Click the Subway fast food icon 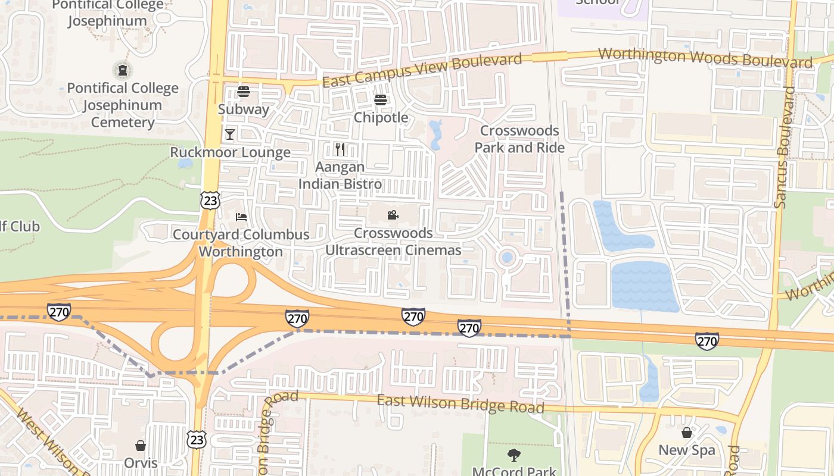coord(243,92)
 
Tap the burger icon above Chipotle coord(381,99)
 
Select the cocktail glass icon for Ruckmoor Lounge coord(230,134)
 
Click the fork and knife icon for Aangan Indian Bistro coord(340,149)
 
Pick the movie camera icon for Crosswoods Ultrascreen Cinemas coord(393,215)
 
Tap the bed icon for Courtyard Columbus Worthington coord(241,217)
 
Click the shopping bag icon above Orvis coord(141,446)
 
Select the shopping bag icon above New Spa coord(687,433)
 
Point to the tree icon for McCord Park coord(514,455)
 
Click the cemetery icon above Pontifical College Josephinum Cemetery coord(123,70)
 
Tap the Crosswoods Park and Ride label coord(519,139)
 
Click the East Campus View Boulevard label coord(422,70)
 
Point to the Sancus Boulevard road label coord(785,148)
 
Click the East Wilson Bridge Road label coord(460,403)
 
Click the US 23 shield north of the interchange coord(210,201)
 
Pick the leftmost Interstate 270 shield coord(59,311)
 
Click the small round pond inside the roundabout coord(507,258)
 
